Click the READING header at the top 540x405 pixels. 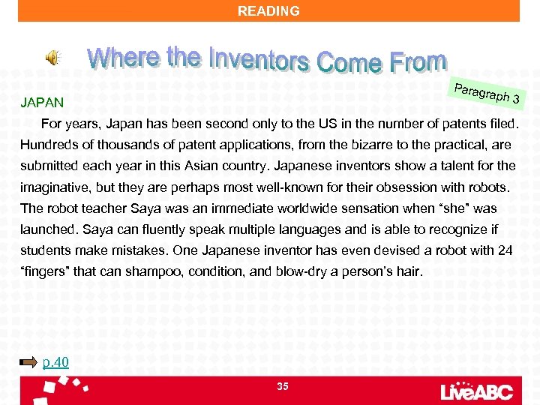tap(268, 11)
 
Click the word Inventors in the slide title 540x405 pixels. tap(258, 59)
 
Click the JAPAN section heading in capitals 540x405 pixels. tap(43, 101)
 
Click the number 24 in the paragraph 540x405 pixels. tap(505, 250)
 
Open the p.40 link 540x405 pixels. tap(55, 363)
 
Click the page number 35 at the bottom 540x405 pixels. tap(283, 386)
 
